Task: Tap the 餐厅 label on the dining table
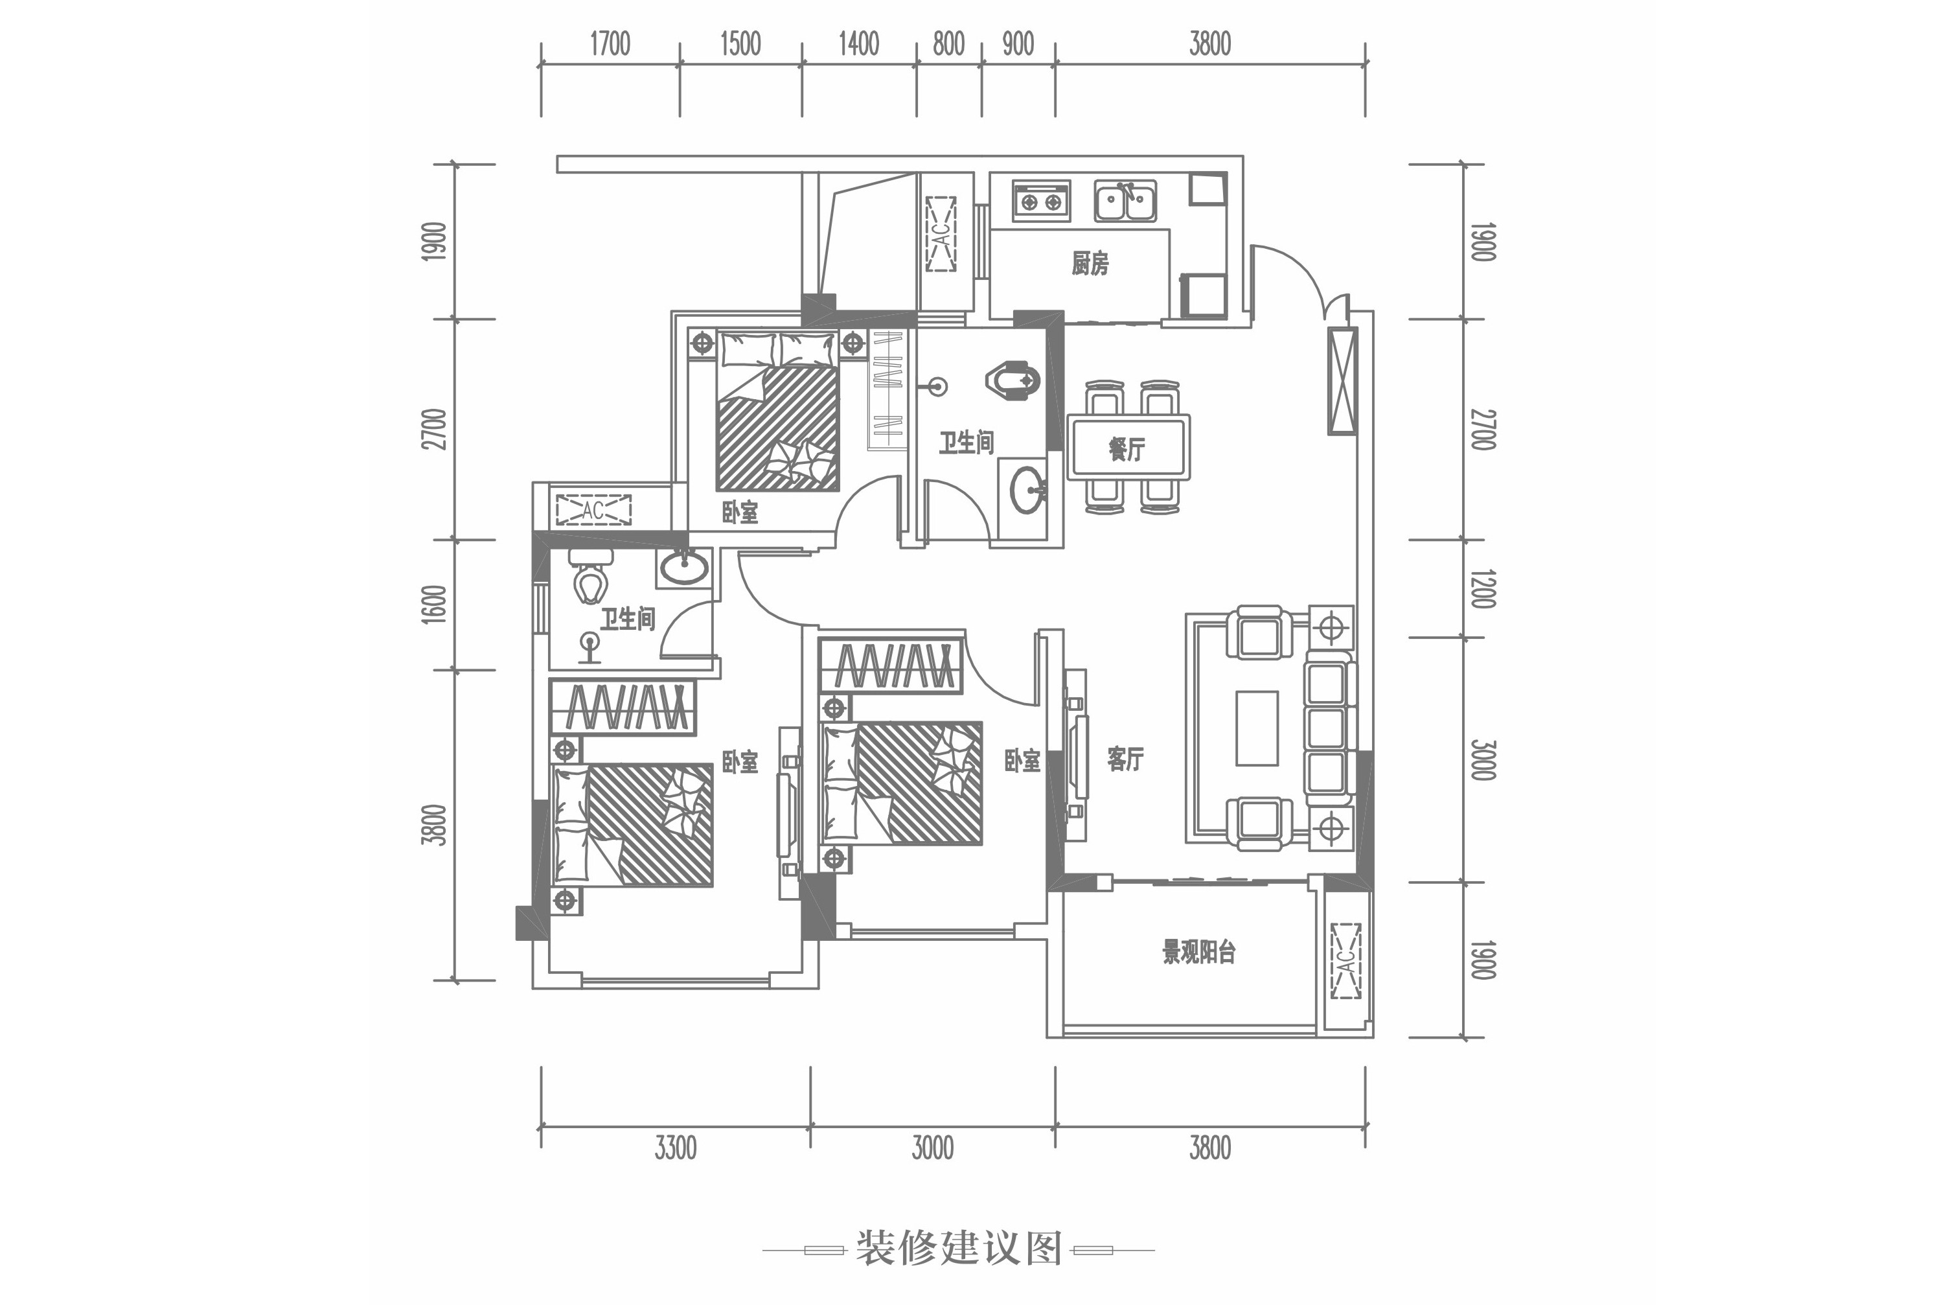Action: point(1127,450)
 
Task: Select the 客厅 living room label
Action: point(1125,758)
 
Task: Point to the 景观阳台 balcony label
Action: point(1198,951)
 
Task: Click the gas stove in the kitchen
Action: point(1042,202)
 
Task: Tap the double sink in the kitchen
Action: point(1125,201)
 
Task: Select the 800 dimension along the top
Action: point(948,43)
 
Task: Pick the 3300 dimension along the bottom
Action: point(675,1149)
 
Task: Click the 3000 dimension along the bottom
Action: point(932,1149)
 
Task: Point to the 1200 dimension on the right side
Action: point(1483,588)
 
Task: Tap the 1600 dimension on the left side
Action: point(434,605)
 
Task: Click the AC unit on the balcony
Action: point(1345,962)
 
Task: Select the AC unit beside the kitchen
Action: point(941,235)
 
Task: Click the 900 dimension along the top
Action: point(1018,43)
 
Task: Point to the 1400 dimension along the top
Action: point(859,43)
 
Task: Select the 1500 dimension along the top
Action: point(740,43)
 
